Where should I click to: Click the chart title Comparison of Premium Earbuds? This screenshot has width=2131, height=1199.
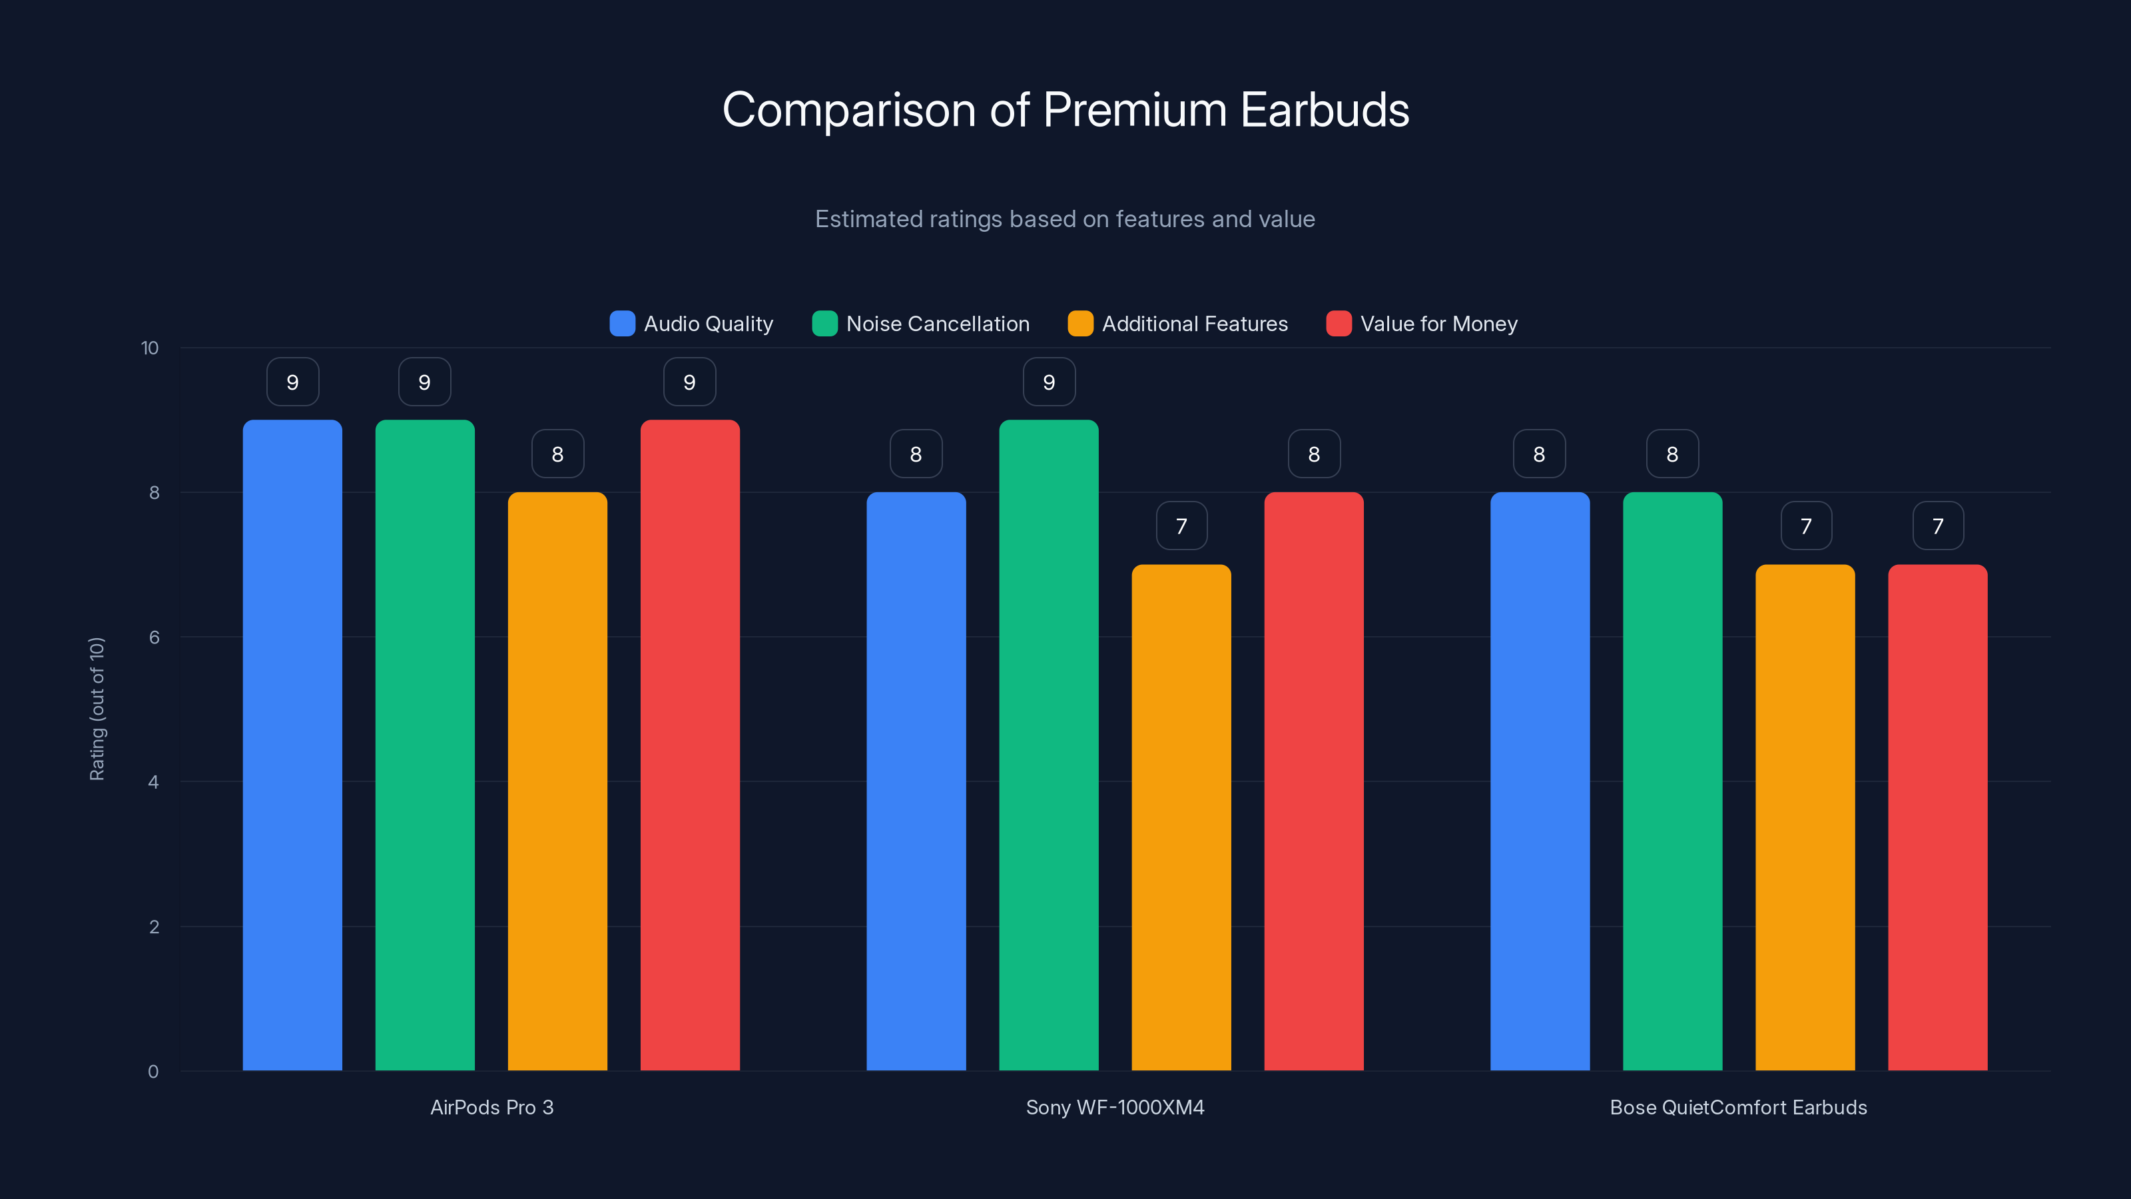[1065, 110]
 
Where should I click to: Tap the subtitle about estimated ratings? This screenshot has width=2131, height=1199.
[1065, 219]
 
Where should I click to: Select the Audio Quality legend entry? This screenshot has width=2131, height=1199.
[692, 324]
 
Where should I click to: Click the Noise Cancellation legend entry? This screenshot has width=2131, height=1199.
[921, 324]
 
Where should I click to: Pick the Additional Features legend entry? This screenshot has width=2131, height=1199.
[1178, 324]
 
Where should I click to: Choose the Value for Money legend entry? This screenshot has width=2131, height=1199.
[1422, 324]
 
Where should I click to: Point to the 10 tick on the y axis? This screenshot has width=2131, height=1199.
[150, 348]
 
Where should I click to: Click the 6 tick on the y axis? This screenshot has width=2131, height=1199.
[154, 637]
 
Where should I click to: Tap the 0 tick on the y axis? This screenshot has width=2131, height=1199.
[153, 1072]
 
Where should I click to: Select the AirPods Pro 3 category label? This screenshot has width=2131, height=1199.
[491, 1107]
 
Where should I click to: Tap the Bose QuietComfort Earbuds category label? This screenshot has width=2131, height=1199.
[1738, 1107]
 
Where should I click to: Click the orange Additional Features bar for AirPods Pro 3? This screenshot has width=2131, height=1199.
[557, 782]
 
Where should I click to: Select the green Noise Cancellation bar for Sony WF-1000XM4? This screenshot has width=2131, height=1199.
[1048, 745]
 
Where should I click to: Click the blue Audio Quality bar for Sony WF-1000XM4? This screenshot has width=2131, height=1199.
[916, 782]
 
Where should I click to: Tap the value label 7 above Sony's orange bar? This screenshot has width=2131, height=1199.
[1181, 526]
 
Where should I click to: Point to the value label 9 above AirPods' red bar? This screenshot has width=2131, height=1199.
[689, 382]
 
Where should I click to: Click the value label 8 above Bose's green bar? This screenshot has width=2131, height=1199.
[1672, 454]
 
